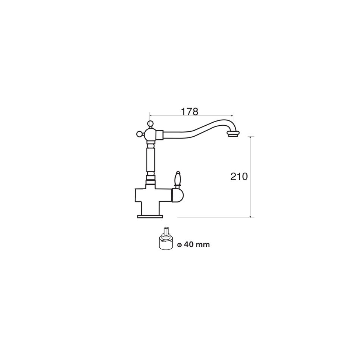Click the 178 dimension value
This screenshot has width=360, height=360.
[x=189, y=112]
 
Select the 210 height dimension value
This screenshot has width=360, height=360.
[x=239, y=176]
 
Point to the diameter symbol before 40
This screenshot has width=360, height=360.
[x=179, y=245]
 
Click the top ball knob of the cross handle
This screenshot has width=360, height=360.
[x=150, y=123]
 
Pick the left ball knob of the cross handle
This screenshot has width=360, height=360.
[x=139, y=133]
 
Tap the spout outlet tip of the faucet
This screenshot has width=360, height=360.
[x=234, y=134]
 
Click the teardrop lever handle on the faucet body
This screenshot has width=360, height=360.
[x=177, y=178]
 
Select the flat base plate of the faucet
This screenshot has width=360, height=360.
[x=150, y=217]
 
